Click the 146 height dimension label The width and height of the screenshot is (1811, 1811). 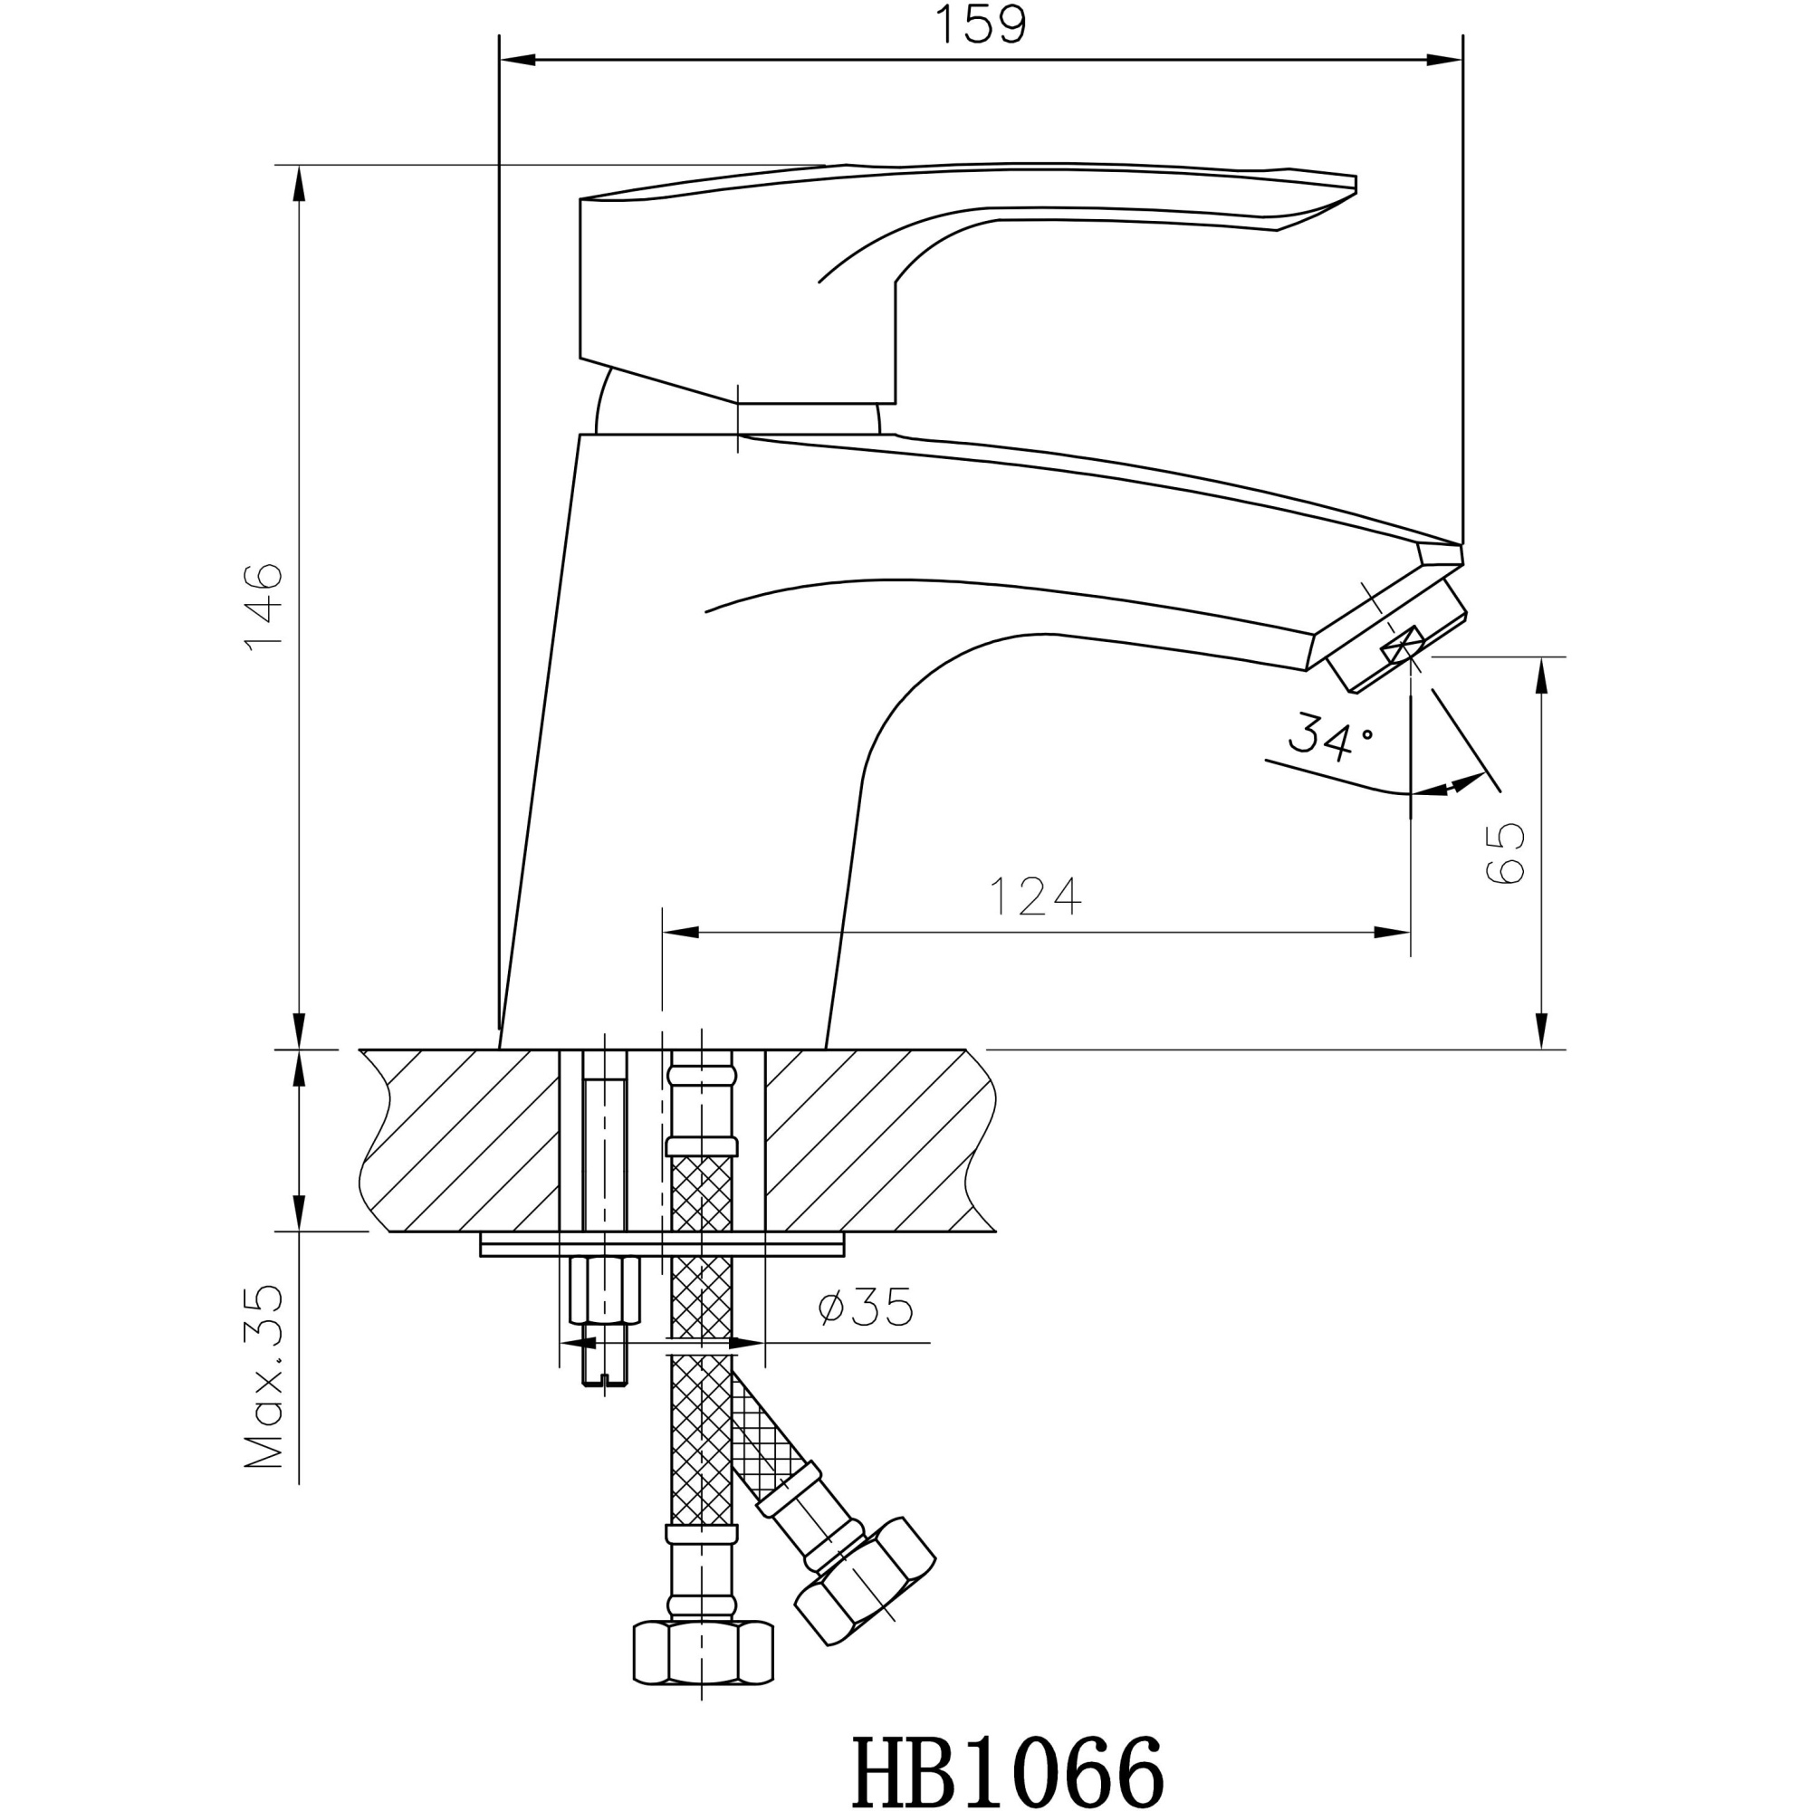point(264,607)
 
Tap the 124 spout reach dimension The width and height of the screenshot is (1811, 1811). point(1035,896)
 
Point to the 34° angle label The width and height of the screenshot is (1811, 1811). point(1329,736)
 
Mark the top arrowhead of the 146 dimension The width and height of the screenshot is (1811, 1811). point(299,184)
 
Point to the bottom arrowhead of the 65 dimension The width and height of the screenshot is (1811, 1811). point(1540,1031)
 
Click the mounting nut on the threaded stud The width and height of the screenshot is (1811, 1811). point(605,1289)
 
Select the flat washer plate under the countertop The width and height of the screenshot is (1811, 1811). point(662,1245)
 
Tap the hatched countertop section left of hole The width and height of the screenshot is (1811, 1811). point(459,1139)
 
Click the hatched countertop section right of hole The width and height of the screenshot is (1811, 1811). point(872,1139)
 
